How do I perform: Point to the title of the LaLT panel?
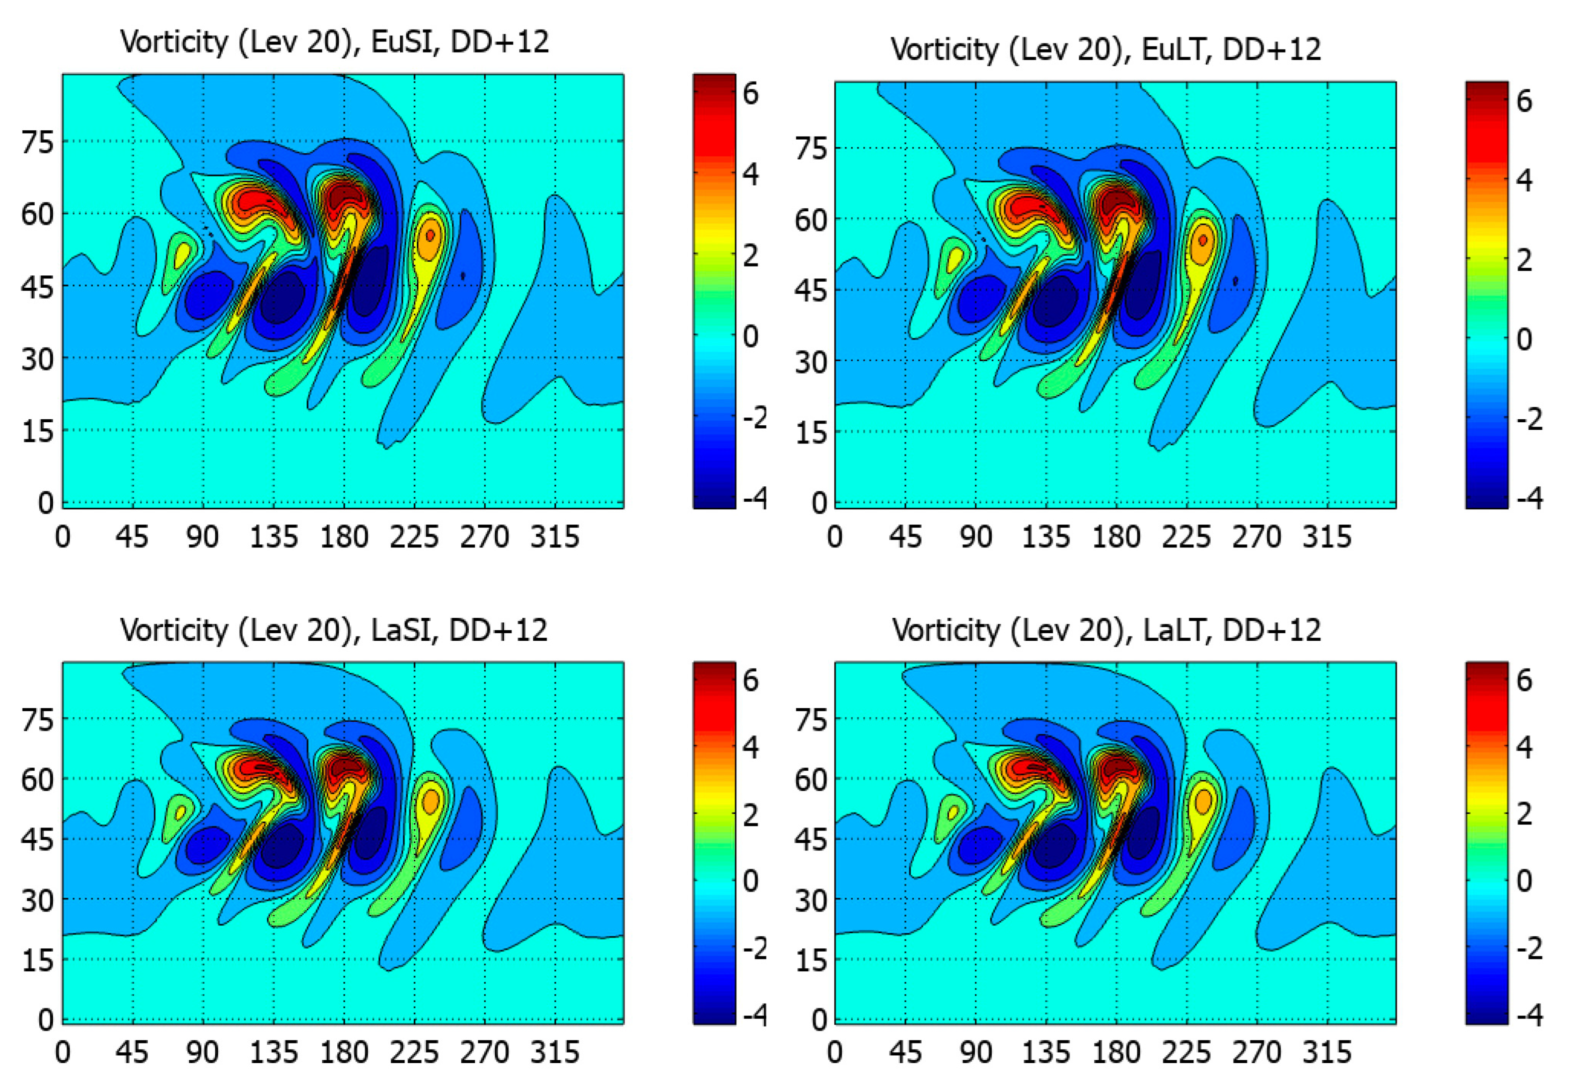pyautogui.click(x=1106, y=630)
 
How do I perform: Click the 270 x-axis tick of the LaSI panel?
pyautogui.click(x=484, y=1052)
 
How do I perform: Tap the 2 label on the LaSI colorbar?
pyautogui.click(x=751, y=815)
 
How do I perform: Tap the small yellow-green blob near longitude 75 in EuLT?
pyautogui.click(x=954, y=260)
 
